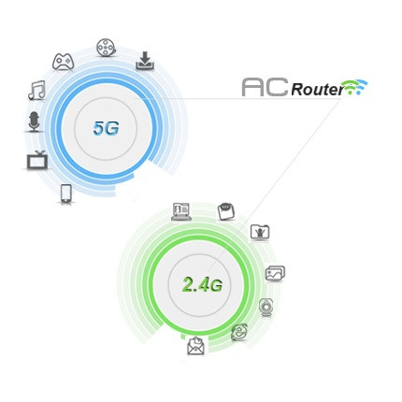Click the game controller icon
pyautogui.click(x=63, y=62)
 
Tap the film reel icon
pyautogui.click(x=107, y=48)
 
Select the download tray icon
pyautogui.click(x=145, y=61)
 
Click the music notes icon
pyautogui.click(x=37, y=91)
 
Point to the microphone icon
pyautogui.click(x=35, y=122)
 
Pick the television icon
pyautogui.click(x=37, y=160)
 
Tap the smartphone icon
pyautogui.click(x=65, y=194)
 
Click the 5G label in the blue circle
pyautogui.click(x=106, y=128)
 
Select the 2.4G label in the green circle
pyautogui.click(x=202, y=284)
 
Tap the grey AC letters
pyautogui.click(x=265, y=87)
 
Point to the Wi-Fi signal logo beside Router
pyautogui.click(x=353, y=87)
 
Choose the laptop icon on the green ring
pyautogui.click(x=180, y=212)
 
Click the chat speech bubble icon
pyautogui.click(x=226, y=211)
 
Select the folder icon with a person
pyautogui.click(x=260, y=232)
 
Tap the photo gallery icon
pyautogui.click(x=275, y=274)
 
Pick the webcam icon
pyautogui.click(x=266, y=308)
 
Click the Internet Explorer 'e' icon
pyautogui.click(x=239, y=332)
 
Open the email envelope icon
pyautogui.click(x=195, y=346)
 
